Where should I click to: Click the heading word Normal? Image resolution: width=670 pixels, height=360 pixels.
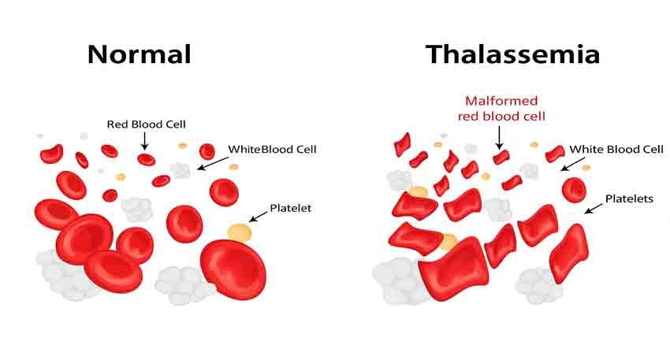point(140,54)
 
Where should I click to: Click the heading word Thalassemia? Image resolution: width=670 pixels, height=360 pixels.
point(513,54)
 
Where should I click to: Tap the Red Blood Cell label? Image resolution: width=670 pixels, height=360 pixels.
point(146,124)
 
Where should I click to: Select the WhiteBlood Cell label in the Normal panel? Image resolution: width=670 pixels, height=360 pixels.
point(272,150)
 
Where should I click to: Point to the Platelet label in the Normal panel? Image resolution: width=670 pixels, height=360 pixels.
point(291,208)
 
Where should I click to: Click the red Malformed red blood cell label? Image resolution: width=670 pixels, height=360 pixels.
point(501,109)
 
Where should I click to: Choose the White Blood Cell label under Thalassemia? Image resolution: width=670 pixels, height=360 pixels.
point(616,149)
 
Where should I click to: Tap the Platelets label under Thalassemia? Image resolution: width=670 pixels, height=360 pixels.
point(629,199)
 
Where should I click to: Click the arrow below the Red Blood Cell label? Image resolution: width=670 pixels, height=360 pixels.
point(145,141)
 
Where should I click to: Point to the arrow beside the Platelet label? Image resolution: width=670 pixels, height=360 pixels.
point(258,217)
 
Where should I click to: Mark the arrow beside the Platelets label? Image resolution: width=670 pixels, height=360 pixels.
point(594,209)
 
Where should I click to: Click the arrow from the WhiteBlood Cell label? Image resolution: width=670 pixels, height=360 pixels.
point(213,163)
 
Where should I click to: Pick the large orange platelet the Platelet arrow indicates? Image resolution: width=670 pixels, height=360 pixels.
point(240,232)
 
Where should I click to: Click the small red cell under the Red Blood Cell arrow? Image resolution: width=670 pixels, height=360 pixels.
point(147,159)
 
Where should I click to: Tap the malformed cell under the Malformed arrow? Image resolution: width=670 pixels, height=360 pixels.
point(501,157)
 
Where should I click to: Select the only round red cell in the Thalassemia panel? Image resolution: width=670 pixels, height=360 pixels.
point(574,190)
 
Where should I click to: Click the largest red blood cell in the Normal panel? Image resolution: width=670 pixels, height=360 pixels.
point(233,269)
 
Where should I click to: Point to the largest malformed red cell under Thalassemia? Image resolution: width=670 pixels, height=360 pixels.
point(453,270)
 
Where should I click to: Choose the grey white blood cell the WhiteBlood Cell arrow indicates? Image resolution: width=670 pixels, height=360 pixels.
point(181,170)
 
